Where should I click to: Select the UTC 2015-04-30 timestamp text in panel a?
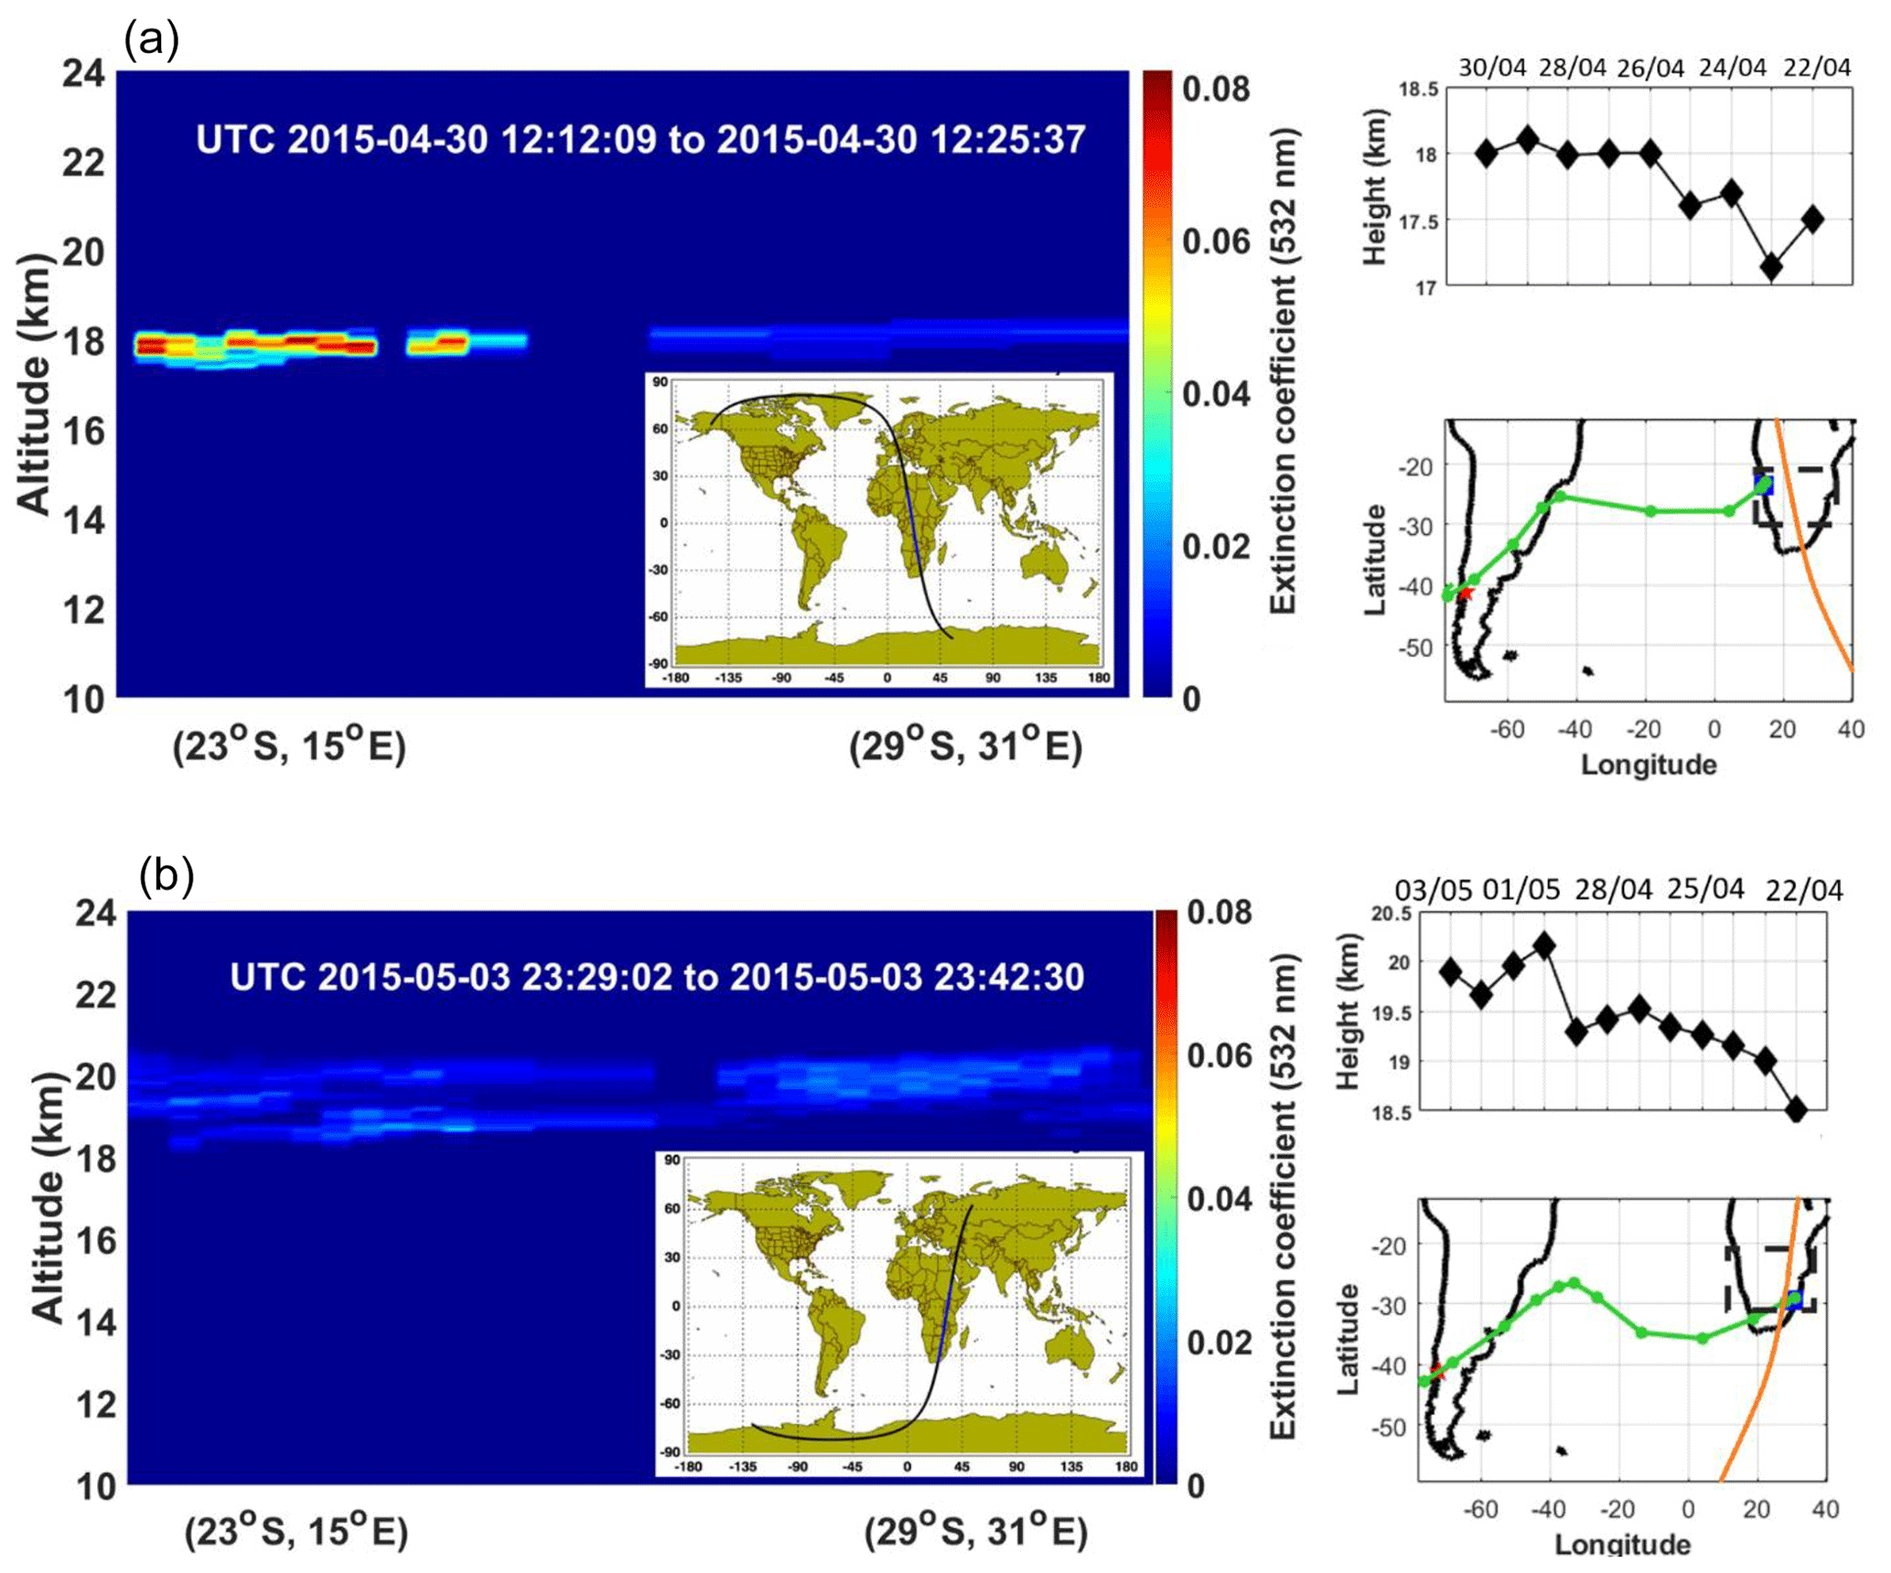coord(640,140)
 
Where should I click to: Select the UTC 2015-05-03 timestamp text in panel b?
coord(657,977)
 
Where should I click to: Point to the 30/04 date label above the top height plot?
coord(1492,69)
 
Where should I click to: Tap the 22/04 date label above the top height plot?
coord(1817,69)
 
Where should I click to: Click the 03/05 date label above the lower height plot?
coord(1434,890)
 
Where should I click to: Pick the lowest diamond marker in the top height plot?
coord(1772,267)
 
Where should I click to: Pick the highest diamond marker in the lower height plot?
coord(1544,946)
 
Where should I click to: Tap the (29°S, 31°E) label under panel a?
coord(966,748)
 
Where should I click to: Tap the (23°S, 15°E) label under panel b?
coord(296,1532)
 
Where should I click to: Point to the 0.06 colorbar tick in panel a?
coord(1216,241)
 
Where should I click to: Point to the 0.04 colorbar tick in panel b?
coord(1220,1198)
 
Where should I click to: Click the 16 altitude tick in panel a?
coord(83,430)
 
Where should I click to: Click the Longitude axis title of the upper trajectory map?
coord(1649,765)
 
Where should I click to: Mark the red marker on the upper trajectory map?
coord(1465,594)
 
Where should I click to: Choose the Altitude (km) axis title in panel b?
coord(48,1198)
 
